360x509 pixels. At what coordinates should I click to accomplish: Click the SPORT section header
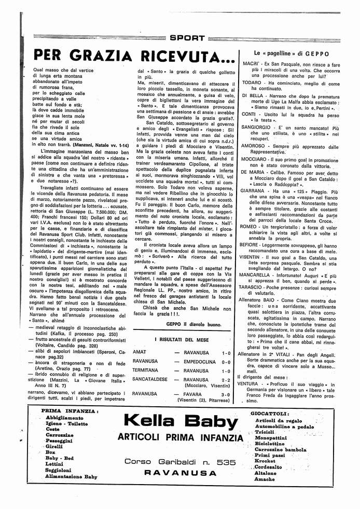pos(187,38)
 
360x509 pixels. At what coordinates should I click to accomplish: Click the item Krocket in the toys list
pos(265,460)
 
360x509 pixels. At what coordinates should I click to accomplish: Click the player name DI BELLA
pos(253,97)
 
